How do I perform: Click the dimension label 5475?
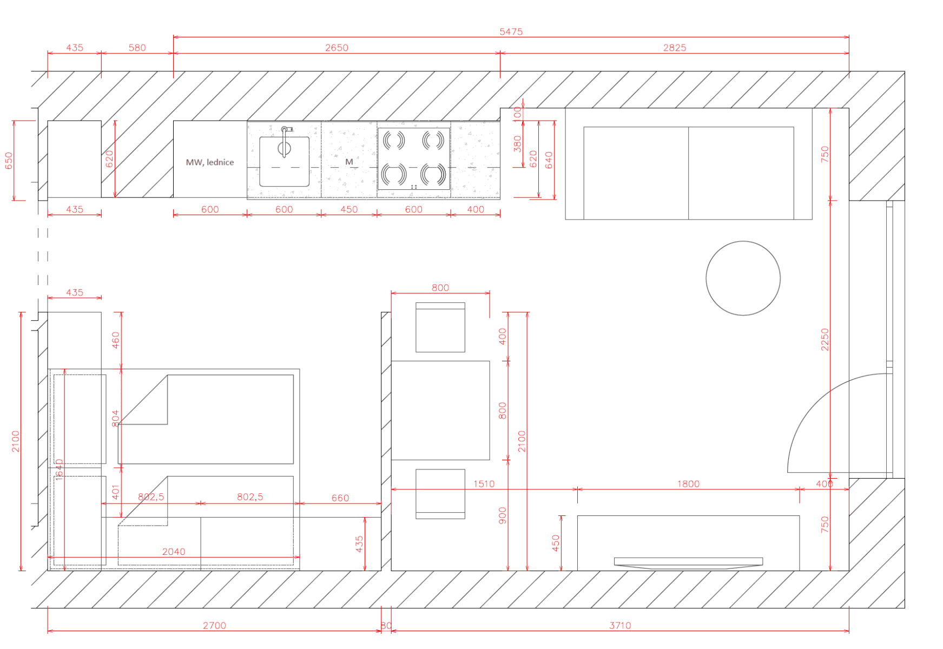[x=511, y=31]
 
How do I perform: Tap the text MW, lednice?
[x=210, y=162]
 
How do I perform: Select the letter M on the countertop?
[x=349, y=162]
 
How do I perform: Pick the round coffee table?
[x=743, y=278]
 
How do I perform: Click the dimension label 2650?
[x=337, y=48]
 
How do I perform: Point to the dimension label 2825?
[x=674, y=48]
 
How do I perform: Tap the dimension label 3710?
[x=620, y=625]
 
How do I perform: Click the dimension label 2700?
[x=214, y=625]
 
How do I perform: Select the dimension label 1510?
[x=484, y=484]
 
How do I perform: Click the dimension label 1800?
[x=688, y=484]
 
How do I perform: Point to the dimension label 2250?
[x=825, y=340]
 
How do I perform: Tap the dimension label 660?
[x=340, y=498]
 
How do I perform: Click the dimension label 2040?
[x=174, y=552]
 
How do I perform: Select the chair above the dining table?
[x=440, y=328]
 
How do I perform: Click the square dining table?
[x=440, y=410]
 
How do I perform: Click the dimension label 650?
[x=9, y=161]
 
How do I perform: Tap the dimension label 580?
[x=137, y=48]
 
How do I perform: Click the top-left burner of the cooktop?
[x=394, y=141]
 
